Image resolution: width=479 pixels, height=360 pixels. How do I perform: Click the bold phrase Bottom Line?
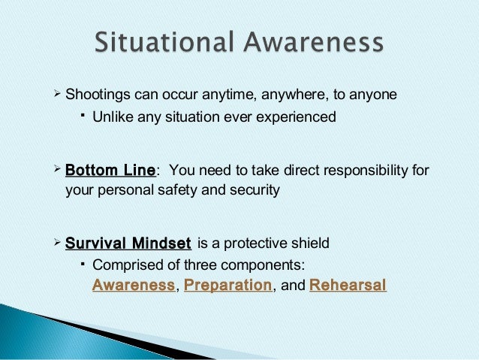110,170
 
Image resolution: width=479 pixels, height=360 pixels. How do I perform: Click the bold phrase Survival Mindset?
127,244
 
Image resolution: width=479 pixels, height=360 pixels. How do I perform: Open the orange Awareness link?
132,286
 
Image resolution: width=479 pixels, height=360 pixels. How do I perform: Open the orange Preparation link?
227,286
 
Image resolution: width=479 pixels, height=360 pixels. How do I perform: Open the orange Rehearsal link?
347,286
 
